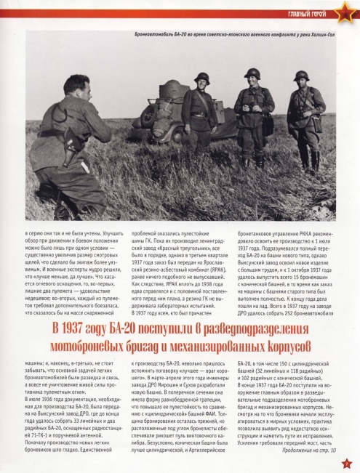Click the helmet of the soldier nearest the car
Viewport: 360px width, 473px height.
tap(201, 78)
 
